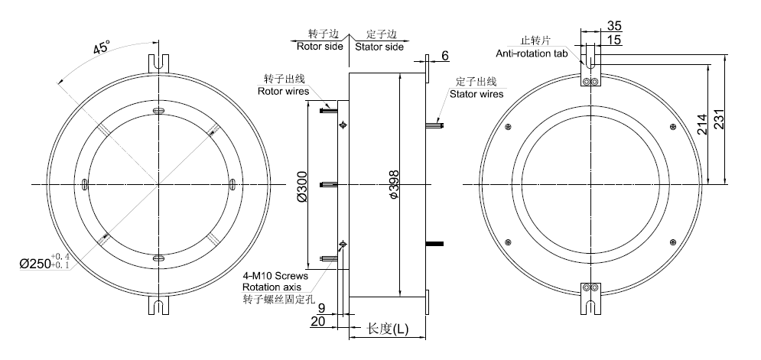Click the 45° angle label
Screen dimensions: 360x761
pos(100,47)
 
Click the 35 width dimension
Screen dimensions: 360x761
pos(615,24)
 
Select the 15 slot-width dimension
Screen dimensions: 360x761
pos(615,39)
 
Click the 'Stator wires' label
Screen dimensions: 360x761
pos(476,94)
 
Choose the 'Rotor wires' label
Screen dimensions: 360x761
pos(283,91)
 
